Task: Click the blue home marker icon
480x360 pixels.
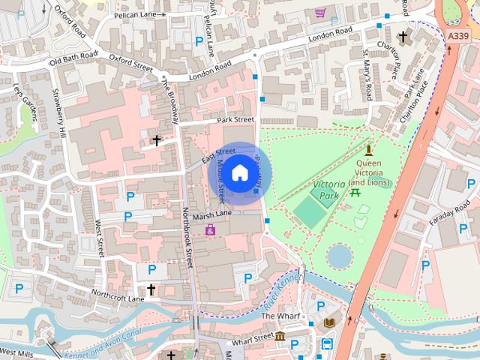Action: click(x=239, y=173)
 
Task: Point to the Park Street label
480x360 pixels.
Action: click(x=236, y=119)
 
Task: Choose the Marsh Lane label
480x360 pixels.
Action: click(x=212, y=214)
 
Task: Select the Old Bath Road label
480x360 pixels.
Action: click(x=73, y=58)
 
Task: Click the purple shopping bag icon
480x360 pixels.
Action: click(x=210, y=229)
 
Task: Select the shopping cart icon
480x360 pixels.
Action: click(x=320, y=13)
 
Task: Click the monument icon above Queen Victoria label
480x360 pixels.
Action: click(x=367, y=150)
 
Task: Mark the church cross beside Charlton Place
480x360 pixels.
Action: click(x=403, y=36)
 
